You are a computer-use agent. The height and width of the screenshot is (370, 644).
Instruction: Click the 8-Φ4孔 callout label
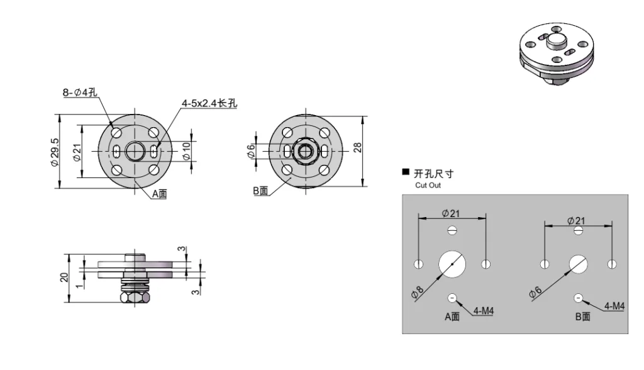80,93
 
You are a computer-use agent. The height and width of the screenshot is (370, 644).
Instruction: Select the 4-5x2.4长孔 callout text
209,103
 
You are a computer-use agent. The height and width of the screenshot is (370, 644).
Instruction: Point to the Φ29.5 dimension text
55,151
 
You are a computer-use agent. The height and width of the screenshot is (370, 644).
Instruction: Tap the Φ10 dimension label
186,150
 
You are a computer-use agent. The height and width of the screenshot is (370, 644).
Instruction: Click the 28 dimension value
357,148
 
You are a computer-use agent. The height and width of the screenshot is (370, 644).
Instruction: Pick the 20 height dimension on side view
64,277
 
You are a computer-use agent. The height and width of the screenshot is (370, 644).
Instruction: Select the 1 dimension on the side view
80,284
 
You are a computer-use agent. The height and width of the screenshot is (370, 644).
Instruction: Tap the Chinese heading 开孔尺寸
433,174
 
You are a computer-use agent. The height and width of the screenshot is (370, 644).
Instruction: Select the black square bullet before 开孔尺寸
406,172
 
